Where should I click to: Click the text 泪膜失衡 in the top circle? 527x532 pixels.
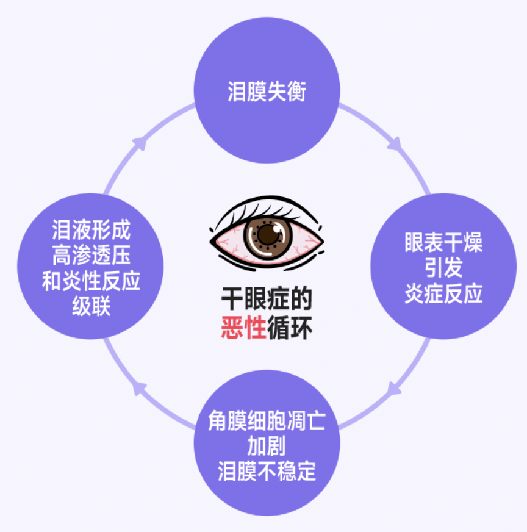coord(266,93)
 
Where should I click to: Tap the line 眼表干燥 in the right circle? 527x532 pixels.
coord(443,243)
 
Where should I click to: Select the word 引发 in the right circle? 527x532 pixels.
coord(443,268)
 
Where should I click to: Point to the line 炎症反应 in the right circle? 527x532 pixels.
coord(443,294)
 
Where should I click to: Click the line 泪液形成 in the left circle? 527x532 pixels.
coord(91,231)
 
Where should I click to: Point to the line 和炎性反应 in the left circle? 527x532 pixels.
coord(91,281)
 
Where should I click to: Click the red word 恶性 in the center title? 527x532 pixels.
coord(243,329)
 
